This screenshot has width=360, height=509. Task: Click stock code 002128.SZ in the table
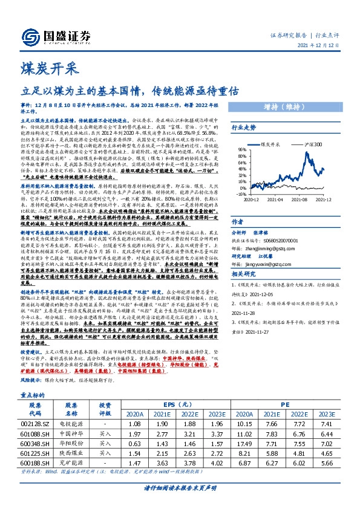pyautogui.click(x=43, y=426)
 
